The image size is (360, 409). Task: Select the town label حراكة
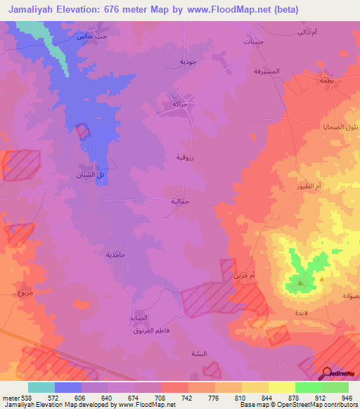(180, 104)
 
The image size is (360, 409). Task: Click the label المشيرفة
(267, 72)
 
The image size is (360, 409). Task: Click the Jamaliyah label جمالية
(181, 201)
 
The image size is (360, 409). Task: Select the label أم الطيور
(309, 186)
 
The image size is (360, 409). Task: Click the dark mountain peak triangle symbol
(300, 284)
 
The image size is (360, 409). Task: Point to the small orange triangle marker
(322, 278)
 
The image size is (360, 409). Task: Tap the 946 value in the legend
(347, 397)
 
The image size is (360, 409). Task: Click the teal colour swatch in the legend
(41, 387)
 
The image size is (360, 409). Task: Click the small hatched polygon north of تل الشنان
(83, 131)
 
